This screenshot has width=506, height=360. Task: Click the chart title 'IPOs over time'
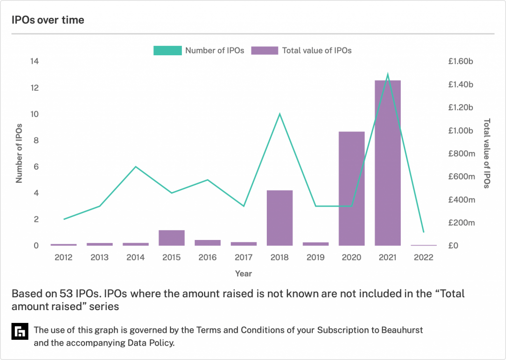point(48,20)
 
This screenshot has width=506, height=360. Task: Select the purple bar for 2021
point(387,163)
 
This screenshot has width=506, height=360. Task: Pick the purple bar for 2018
point(280,218)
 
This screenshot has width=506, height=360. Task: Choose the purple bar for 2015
point(171,238)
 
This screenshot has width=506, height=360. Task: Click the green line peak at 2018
point(280,114)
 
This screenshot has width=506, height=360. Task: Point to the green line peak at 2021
point(387,75)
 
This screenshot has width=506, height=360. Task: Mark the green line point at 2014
point(135,166)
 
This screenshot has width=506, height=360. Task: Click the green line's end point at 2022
point(423,232)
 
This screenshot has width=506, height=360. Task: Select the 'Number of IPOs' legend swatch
point(167,50)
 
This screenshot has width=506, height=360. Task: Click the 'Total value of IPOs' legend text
point(316,50)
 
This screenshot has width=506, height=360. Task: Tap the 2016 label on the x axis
point(208,258)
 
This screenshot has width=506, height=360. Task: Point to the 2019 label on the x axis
point(316,258)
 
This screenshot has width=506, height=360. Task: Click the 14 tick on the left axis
point(35,62)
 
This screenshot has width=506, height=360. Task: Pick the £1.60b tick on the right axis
point(461,62)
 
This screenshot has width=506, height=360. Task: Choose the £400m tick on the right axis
point(462,200)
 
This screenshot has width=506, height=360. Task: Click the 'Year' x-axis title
point(243,274)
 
